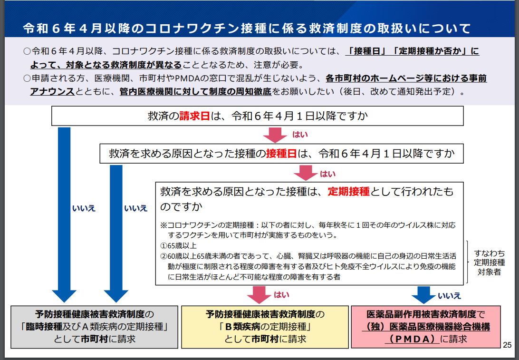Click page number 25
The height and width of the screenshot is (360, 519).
[x=507, y=345]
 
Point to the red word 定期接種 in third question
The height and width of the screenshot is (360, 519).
[x=348, y=192]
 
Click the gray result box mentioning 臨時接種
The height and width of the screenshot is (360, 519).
[x=94, y=327]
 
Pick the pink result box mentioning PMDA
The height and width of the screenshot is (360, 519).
[x=425, y=327]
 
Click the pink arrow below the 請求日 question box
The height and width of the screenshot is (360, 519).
[x=275, y=135]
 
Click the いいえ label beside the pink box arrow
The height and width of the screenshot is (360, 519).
[x=449, y=295]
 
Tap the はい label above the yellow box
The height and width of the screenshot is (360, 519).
[x=281, y=295]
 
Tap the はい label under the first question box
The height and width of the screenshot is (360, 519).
[x=300, y=135]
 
